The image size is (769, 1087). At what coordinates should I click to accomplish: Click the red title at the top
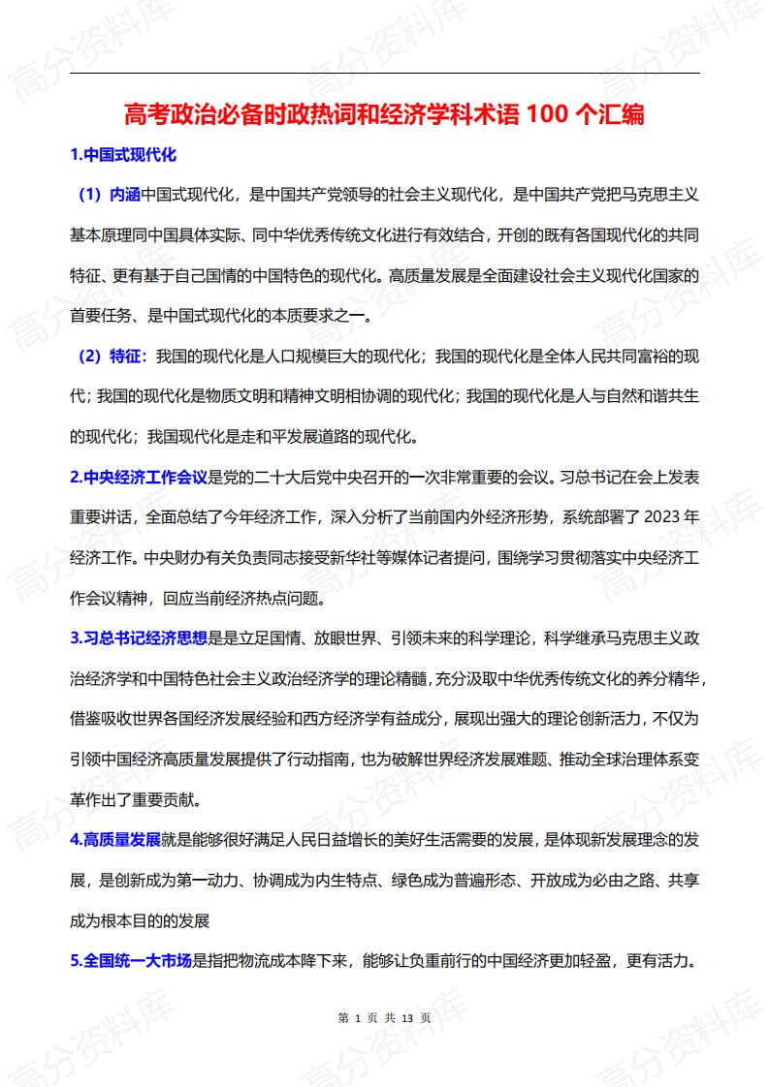pyautogui.click(x=384, y=115)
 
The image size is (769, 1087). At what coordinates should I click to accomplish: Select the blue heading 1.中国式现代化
pyautogui.click(x=123, y=155)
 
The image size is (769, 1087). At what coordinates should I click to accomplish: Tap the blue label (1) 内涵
pyautogui.click(x=110, y=194)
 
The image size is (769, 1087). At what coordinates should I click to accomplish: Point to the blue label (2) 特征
pyautogui.click(x=110, y=356)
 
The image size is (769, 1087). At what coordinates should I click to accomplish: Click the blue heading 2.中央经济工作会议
pyautogui.click(x=139, y=477)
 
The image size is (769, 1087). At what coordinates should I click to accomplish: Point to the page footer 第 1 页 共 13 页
pyautogui.click(x=384, y=1018)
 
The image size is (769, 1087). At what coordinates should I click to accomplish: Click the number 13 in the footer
pyautogui.click(x=407, y=1018)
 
